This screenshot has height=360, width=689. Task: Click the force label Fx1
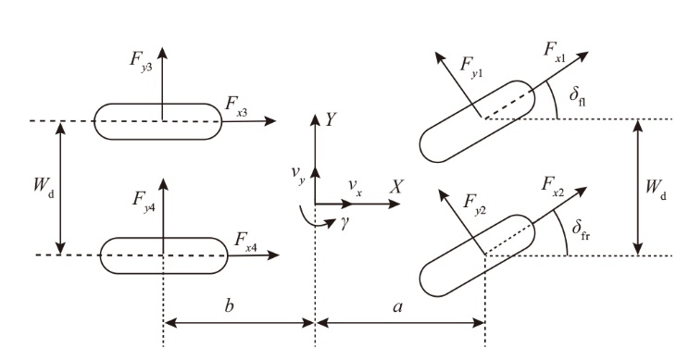(x=555, y=52)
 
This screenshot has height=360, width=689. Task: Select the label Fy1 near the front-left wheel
(x=471, y=68)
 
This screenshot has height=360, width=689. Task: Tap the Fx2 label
(x=552, y=186)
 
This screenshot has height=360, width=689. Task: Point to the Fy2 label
(x=474, y=204)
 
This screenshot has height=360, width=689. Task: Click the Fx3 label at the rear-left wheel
(x=236, y=106)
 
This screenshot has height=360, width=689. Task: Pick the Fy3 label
(x=141, y=61)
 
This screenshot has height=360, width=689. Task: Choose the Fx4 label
(x=245, y=242)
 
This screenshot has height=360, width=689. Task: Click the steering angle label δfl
(x=577, y=96)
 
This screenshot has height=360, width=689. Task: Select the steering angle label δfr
(x=581, y=230)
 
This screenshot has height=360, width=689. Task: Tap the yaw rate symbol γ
(x=344, y=223)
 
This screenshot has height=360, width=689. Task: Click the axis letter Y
(x=331, y=119)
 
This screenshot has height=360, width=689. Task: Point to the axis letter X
(x=395, y=188)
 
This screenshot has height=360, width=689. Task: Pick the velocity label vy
(x=298, y=174)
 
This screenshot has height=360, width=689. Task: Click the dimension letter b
(x=229, y=305)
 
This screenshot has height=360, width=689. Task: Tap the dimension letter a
(x=397, y=307)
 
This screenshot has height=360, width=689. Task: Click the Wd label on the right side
(x=656, y=189)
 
